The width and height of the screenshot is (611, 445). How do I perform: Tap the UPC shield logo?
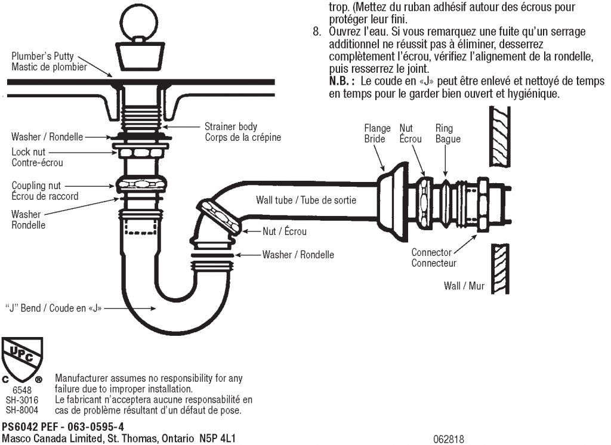pos(23,356)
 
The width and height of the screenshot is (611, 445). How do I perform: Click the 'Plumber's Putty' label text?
pos(43,56)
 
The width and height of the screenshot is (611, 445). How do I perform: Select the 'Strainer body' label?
pos(231,126)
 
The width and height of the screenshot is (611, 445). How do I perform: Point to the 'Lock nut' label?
pos(28,152)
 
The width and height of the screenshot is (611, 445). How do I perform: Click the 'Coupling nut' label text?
pos(36,186)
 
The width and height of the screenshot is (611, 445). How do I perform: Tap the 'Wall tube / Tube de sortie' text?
pos(306,200)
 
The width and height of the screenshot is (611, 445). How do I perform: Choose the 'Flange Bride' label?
pos(377,134)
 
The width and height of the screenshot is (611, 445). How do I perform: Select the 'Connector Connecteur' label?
pos(433,258)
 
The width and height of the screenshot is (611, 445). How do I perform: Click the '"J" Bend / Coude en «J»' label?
pos(54,308)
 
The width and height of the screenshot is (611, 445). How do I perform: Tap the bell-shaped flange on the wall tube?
pos(390,199)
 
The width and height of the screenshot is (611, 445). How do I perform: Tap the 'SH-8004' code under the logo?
pos(22,410)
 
